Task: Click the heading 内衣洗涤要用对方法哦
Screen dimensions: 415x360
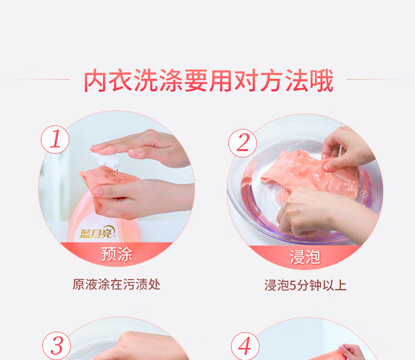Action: pyautogui.click(x=209, y=81)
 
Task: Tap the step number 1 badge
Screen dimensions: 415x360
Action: pyautogui.click(x=55, y=140)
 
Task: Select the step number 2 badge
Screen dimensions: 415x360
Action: pyautogui.click(x=243, y=143)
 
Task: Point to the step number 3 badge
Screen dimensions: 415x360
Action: pyautogui.click(x=57, y=346)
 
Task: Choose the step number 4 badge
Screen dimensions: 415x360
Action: pyautogui.click(x=245, y=346)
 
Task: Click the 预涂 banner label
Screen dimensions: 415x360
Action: pyautogui.click(x=117, y=254)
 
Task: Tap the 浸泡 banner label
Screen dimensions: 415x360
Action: pyautogui.click(x=305, y=257)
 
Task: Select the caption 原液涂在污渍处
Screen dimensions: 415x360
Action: pyautogui.click(x=117, y=284)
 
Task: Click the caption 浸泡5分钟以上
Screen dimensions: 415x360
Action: pyautogui.click(x=305, y=285)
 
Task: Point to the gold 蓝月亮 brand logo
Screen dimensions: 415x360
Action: pyautogui.click(x=97, y=232)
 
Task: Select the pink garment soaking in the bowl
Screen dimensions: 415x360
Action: pyautogui.click(x=309, y=176)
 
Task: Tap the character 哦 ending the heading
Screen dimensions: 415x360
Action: pyautogui.click(x=321, y=81)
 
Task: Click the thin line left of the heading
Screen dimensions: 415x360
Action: pyautogui.click(x=44, y=79)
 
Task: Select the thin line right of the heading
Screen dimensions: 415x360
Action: pyautogui.click(x=379, y=79)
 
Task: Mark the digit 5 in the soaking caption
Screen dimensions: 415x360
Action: pyautogui.click(x=293, y=285)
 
